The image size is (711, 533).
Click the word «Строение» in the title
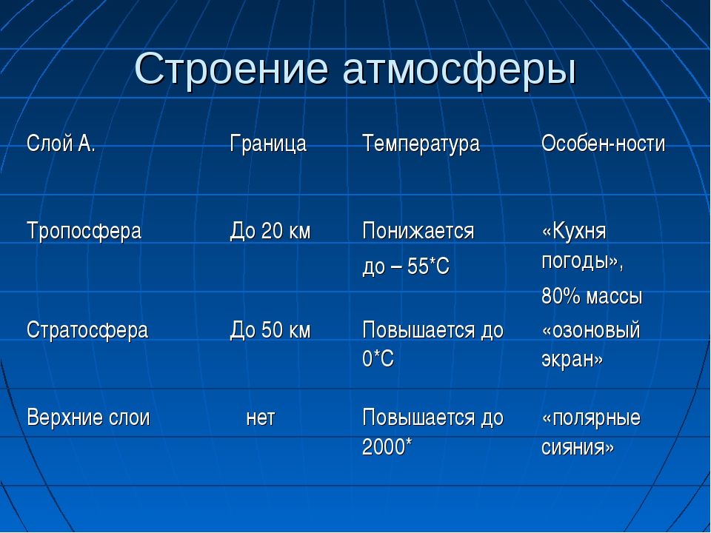pos(231,70)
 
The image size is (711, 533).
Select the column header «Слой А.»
pos(61,143)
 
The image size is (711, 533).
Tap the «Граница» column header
pos(268,144)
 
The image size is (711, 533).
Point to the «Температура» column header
pos(421,144)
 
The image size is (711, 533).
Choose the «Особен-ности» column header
pos(603,144)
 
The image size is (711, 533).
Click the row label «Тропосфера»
pos(84,231)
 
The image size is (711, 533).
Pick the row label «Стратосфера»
pos(87,330)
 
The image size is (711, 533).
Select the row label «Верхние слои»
pos(88,417)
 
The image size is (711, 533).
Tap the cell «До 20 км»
pos(270,231)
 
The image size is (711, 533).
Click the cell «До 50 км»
pos(270,329)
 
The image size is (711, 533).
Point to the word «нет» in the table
pos(261,418)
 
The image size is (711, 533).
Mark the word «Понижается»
pos(418,231)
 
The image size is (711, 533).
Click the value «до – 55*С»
pos(406,266)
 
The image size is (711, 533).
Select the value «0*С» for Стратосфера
pos(378,358)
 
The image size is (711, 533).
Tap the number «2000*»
pos(387,446)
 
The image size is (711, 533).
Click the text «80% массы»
pos(592,297)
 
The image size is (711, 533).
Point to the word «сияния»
pos(578,448)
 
